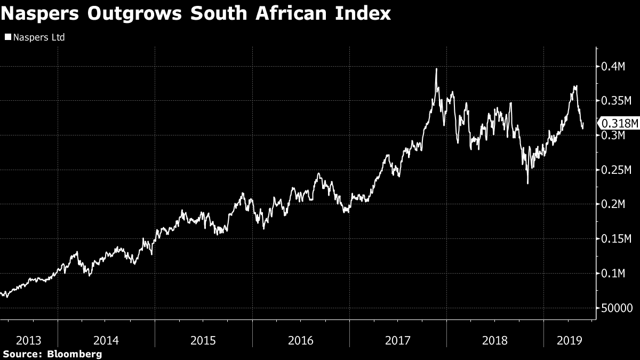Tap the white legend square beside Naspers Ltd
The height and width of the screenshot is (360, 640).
coord(8,37)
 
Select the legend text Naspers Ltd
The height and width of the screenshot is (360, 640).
coord(38,37)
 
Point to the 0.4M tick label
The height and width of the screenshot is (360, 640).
coord(613,67)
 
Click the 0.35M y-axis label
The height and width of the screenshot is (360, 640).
coord(616,101)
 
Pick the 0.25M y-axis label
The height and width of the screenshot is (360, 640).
coord(616,170)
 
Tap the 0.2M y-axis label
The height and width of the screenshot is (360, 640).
coord(613,205)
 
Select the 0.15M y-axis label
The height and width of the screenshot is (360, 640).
coord(616,239)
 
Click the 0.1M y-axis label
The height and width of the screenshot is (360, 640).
coord(613,274)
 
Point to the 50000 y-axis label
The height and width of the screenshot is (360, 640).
coord(616,308)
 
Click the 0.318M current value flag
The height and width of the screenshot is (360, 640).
coord(619,124)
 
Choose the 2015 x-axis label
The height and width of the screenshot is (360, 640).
coord(203,340)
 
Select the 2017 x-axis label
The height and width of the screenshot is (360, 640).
coord(397,340)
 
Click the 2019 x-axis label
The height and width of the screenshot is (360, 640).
coord(567,340)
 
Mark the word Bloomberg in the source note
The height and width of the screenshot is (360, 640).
coord(75,354)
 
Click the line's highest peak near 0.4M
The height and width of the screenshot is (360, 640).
coord(436,69)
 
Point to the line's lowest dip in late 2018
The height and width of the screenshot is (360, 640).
coord(527,183)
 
